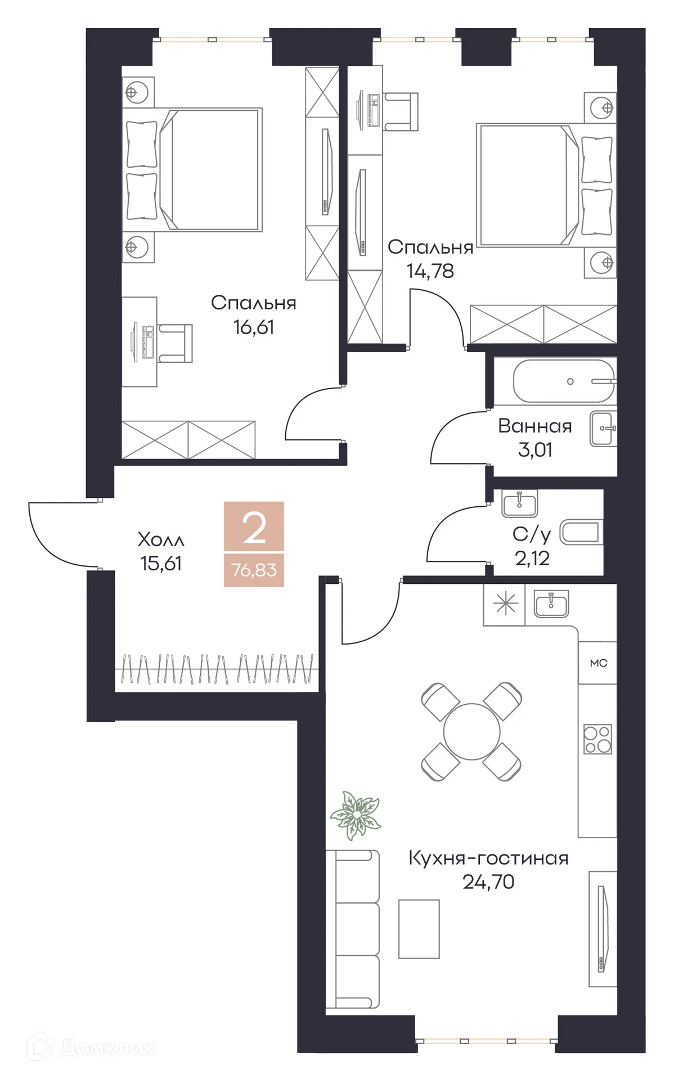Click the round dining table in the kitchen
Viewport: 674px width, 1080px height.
tap(471, 732)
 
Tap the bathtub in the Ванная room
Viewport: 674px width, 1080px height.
tap(564, 381)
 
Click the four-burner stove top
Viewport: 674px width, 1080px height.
tap(597, 739)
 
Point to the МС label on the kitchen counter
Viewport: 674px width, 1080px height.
tap(598, 663)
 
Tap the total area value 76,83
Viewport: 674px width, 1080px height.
tap(254, 570)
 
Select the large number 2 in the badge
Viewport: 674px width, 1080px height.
tap(254, 528)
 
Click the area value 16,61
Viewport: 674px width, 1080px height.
tap(254, 327)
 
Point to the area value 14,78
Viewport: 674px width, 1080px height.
tap(430, 271)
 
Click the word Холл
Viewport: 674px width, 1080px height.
tap(161, 540)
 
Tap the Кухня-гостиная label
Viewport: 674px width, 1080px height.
tap(488, 858)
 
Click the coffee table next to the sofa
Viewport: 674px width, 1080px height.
tap(419, 929)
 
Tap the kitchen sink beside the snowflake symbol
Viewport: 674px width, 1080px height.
tap(551, 604)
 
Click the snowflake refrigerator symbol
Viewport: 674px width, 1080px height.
tap(505, 605)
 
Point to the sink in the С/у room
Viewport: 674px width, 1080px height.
tap(519, 503)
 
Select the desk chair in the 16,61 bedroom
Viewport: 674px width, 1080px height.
tap(177, 343)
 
